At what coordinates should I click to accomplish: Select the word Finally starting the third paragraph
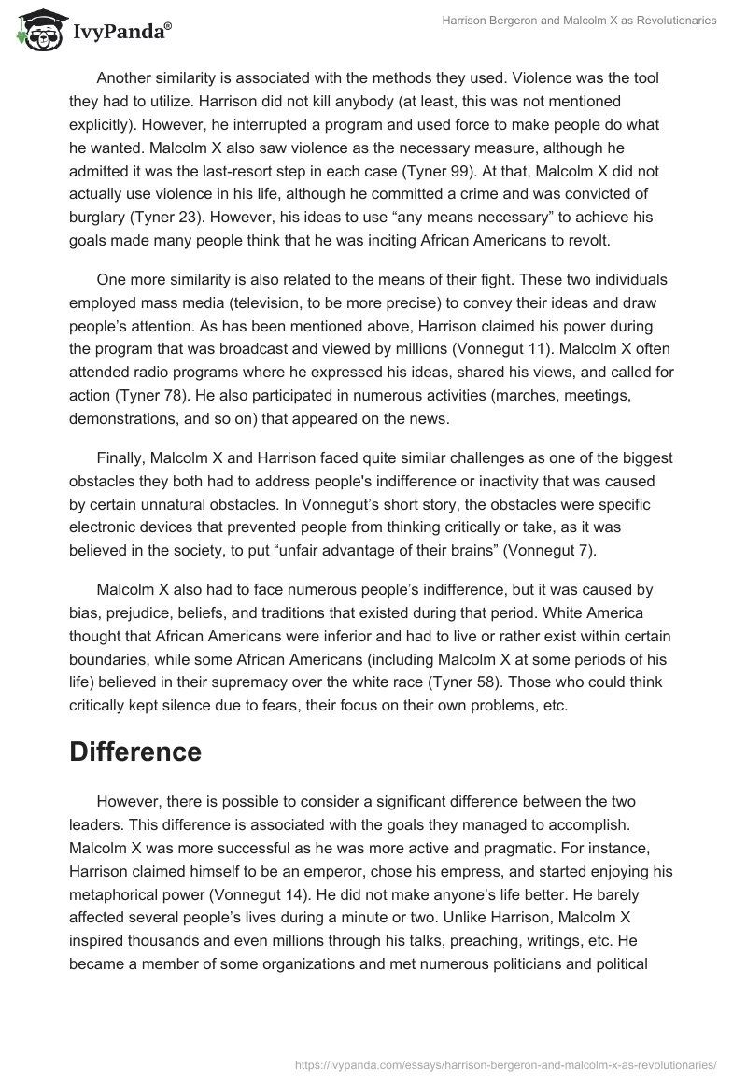pyautogui.click(x=121, y=457)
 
